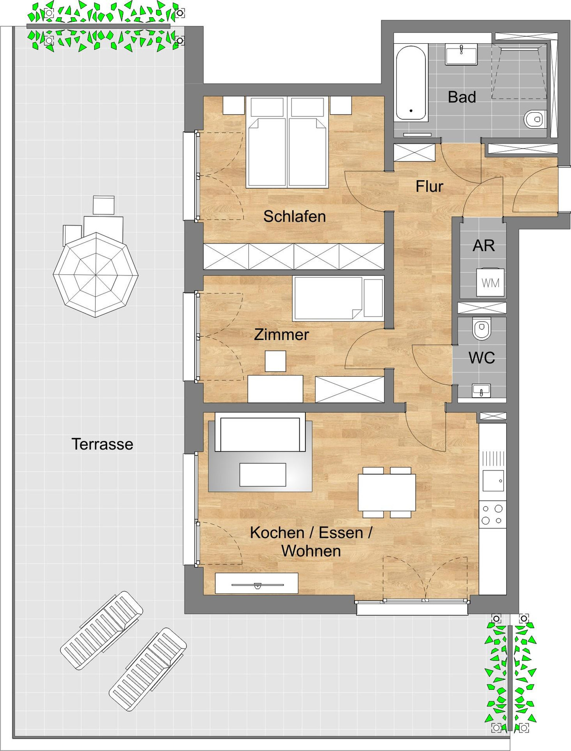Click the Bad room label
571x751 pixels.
(462, 97)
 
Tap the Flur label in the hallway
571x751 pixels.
(429, 186)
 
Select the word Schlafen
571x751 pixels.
(295, 216)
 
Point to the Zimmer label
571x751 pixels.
(281, 335)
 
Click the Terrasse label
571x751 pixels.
(102, 444)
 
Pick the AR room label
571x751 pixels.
(483, 246)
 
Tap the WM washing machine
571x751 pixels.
(490, 283)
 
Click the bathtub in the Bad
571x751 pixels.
(411, 83)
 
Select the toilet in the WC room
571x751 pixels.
(482, 329)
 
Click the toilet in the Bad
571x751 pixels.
(535, 119)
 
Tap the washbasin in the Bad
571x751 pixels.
(462, 54)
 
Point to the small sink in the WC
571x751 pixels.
(482, 391)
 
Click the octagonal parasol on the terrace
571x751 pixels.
(96, 275)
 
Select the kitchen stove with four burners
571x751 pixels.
(492, 515)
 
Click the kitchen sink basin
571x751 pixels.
(493, 481)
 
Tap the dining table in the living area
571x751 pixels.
(387, 492)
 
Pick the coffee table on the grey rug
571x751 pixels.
(263, 475)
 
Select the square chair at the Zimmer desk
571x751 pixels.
(275, 361)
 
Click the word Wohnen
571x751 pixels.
(311, 551)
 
